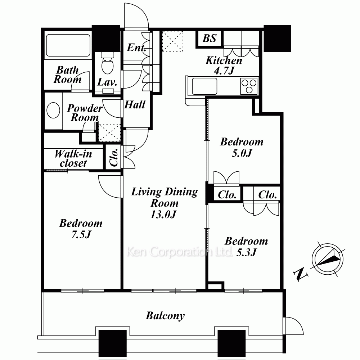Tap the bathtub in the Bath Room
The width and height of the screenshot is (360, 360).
[68, 45]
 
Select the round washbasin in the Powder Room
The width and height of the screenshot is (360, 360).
[53, 110]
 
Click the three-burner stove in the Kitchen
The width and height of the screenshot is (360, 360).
[249, 86]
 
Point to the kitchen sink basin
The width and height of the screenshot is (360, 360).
[204, 86]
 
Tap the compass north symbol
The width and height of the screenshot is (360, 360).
[328, 259]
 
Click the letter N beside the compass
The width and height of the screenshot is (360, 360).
[300, 274]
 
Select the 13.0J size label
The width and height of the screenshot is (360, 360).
[163, 215]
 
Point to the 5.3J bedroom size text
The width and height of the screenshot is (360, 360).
[246, 252]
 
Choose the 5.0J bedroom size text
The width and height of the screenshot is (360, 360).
[242, 153]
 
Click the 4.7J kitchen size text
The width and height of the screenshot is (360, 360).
[224, 71]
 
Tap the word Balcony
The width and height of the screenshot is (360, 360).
[165, 316]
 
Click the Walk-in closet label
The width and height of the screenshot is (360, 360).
[73, 158]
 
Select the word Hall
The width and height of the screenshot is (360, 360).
[135, 105]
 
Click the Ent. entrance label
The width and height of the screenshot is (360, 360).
[136, 48]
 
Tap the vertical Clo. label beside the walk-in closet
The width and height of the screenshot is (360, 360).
[114, 157]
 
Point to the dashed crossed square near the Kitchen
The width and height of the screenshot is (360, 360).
[173, 41]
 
